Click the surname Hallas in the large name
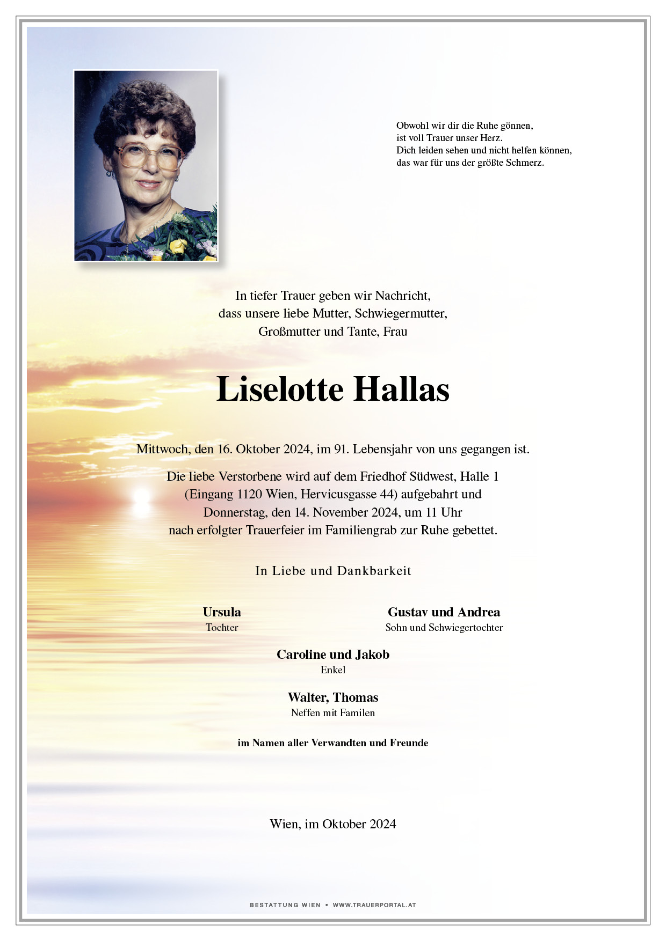click(x=401, y=389)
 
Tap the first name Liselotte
click(x=279, y=389)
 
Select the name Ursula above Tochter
click(x=222, y=612)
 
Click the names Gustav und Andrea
click(x=444, y=612)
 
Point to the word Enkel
click(x=333, y=670)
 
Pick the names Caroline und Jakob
click(x=333, y=655)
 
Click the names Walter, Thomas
click(x=333, y=697)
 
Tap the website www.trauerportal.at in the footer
click(x=374, y=905)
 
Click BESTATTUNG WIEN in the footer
click(x=285, y=905)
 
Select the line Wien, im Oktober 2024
click(x=333, y=824)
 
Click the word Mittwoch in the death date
click(x=162, y=449)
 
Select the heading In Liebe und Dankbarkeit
click(x=333, y=571)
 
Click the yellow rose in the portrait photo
click(x=177, y=246)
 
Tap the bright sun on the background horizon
click(x=141, y=496)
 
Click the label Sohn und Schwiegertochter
click(x=444, y=627)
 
